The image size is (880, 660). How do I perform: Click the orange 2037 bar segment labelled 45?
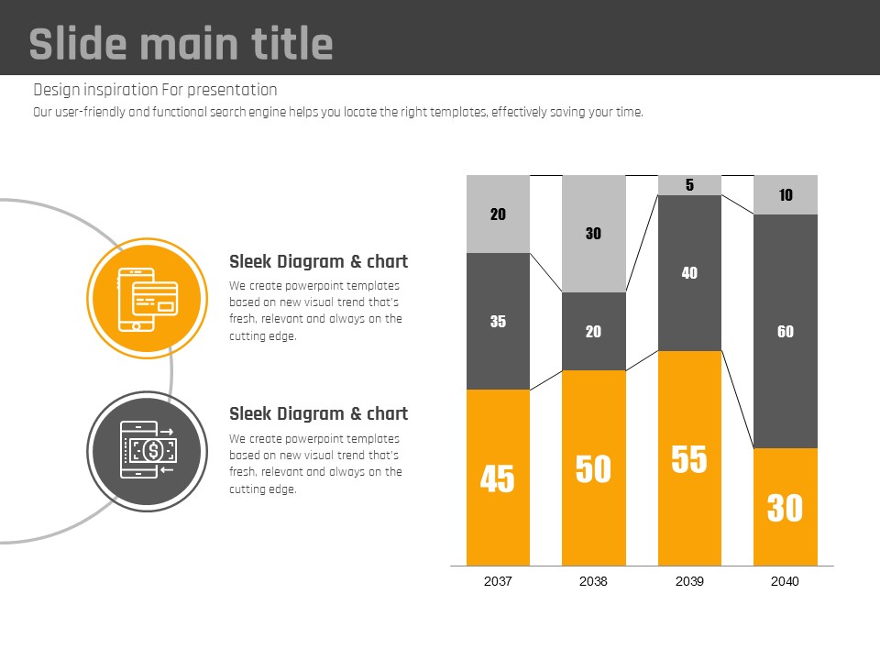pyautogui.click(x=498, y=478)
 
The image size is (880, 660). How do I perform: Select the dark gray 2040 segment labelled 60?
pyautogui.click(x=786, y=331)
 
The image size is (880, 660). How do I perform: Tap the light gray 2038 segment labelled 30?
pyautogui.click(x=593, y=234)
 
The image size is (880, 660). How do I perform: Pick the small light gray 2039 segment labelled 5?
pyautogui.click(x=689, y=185)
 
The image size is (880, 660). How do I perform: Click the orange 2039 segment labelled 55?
pyautogui.click(x=689, y=458)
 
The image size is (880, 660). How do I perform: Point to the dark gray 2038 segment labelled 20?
pyautogui.click(x=593, y=331)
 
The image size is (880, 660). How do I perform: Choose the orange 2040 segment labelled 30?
pyautogui.click(x=786, y=507)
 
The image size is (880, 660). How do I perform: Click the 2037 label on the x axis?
pyautogui.click(x=498, y=581)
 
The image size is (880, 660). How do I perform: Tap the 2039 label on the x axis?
pyautogui.click(x=689, y=581)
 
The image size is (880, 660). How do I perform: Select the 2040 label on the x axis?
pyautogui.click(x=786, y=581)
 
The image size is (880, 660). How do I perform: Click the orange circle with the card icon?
pyautogui.click(x=144, y=299)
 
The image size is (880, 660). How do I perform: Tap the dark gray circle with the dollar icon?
pyautogui.click(x=144, y=449)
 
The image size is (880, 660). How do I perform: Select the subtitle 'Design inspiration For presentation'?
pyautogui.click(x=155, y=90)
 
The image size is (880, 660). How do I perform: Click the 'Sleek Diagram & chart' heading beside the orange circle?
pyautogui.click(x=318, y=262)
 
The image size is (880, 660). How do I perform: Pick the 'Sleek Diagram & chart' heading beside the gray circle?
pyautogui.click(x=318, y=413)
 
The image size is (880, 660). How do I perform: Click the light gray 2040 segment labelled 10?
pyautogui.click(x=786, y=194)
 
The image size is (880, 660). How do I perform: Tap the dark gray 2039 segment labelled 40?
pyautogui.click(x=689, y=272)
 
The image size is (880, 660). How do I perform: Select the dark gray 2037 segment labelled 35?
pyautogui.click(x=498, y=321)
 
